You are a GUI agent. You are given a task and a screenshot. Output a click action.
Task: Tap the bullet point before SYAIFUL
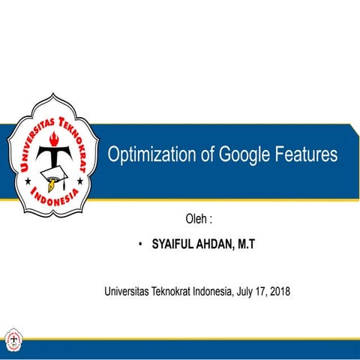tap(140, 245)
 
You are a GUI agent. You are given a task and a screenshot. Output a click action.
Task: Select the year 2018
tap(278, 290)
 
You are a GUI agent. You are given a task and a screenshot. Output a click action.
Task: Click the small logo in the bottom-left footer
tap(12, 339)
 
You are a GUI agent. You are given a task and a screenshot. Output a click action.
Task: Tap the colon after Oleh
tap(211, 221)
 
